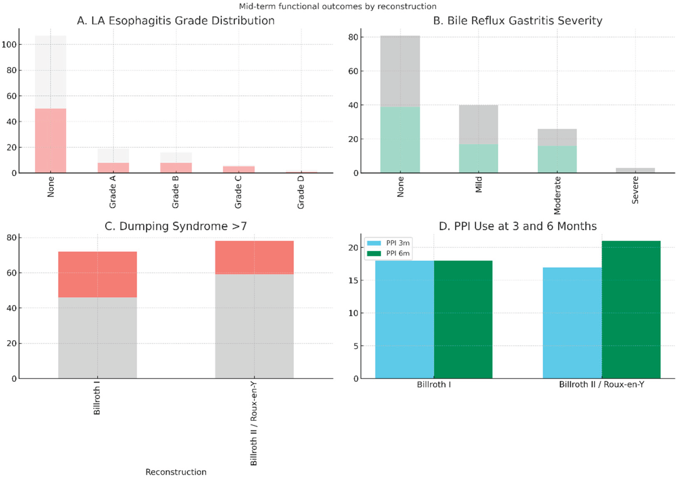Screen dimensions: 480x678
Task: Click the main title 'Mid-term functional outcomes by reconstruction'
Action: (338, 6)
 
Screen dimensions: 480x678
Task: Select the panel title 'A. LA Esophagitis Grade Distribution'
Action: (176, 21)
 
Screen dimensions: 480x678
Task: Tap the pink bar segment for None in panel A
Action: (51, 140)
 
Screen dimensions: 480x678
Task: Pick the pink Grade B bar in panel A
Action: (176, 168)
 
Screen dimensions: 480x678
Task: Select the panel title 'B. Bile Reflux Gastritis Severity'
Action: (518, 21)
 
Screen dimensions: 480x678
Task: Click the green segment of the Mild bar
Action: (478, 158)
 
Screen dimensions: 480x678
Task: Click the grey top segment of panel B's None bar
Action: (400, 71)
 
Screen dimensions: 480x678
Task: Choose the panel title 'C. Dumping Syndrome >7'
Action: (176, 226)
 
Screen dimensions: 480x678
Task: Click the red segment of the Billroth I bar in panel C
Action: (97, 274)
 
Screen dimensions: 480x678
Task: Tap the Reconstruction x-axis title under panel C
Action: (176, 472)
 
